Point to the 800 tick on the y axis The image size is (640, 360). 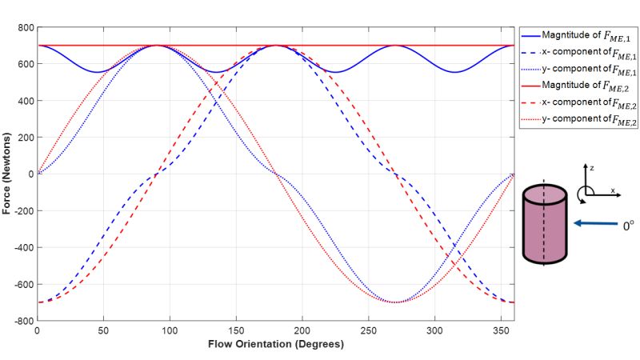click(23, 28)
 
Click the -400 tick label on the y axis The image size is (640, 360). click(22, 247)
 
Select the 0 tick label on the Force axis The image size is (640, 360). click(30, 174)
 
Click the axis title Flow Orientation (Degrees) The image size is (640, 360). click(275, 346)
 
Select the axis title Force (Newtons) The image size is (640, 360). click(7, 174)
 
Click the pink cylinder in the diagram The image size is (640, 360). click(545, 227)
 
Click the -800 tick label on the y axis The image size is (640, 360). click(22, 321)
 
